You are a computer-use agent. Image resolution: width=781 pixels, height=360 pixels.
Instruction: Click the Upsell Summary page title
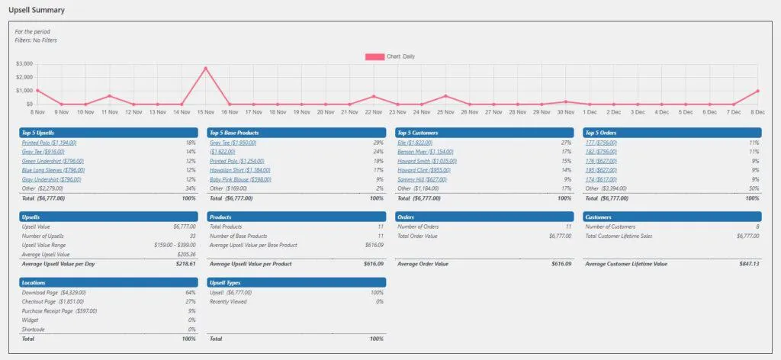pyautogui.click(x=37, y=11)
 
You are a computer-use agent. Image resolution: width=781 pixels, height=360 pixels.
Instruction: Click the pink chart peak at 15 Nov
pyautogui.click(x=205, y=68)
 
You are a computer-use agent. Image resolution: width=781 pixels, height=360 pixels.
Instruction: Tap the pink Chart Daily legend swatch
pyautogui.click(x=374, y=56)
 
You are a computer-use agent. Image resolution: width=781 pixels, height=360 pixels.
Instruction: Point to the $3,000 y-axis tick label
pyautogui.click(x=24, y=63)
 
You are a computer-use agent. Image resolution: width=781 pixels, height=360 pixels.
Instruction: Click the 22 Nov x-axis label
pyautogui.click(x=374, y=112)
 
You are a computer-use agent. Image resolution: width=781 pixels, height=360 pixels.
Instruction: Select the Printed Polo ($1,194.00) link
pyautogui.click(x=49, y=143)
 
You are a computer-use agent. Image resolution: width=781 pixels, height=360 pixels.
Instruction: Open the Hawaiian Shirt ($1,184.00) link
pyautogui.click(x=238, y=170)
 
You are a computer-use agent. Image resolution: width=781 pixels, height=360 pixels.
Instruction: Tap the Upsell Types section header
pyautogui.click(x=297, y=282)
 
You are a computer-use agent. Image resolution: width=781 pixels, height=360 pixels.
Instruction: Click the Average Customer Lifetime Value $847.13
pyautogui.click(x=744, y=264)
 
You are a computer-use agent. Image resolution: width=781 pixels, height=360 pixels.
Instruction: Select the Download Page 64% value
pyautogui.click(x=191, y=292)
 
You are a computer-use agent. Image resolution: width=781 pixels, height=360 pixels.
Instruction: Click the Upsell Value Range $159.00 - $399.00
pyautogui.click(x=174, y=245)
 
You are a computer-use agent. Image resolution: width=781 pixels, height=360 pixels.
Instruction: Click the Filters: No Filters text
pyautogui.click(x=36, y=40)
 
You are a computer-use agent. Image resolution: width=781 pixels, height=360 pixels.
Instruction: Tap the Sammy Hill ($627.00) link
pyautogui.click(x=420, y=179)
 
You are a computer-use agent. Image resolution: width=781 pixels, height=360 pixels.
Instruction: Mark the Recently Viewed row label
pyautogui.click(x=227, y=301)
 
